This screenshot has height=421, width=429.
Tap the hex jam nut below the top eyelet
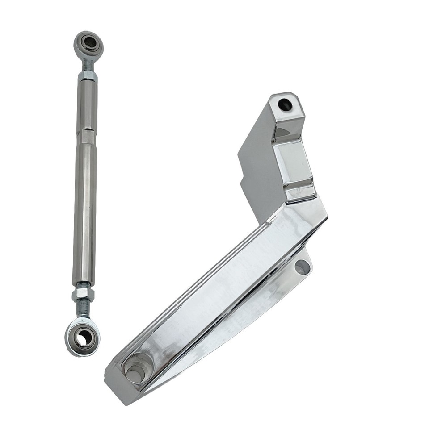click(88, 76)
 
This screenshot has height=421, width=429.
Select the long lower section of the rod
click(85, 210)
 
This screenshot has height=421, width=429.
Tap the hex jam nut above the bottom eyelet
click(83, 293)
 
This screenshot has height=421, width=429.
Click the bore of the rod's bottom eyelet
click(83, 338)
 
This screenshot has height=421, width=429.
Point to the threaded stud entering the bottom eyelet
click(83, 309)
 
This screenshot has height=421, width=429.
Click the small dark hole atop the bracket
click(285, 105)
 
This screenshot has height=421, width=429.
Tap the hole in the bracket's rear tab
click(303, 267)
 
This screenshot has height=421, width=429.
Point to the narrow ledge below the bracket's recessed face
click(300, 193)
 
